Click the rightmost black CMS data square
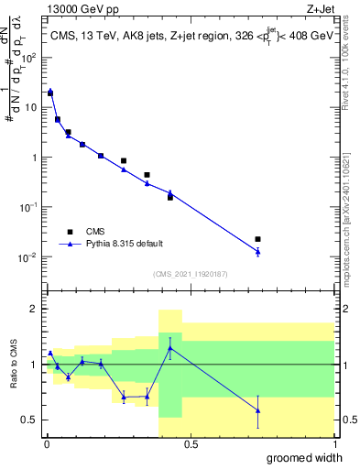tap(257, 239)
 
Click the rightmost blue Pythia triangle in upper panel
tap(257, 251)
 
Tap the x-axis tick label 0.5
tap(190, 443)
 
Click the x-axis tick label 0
tap(47, 443)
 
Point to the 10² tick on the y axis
tap(30, 57)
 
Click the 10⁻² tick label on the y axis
tap(30, 256)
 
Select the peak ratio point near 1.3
tap(169, 347)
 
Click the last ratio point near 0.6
tap(257, 410)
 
